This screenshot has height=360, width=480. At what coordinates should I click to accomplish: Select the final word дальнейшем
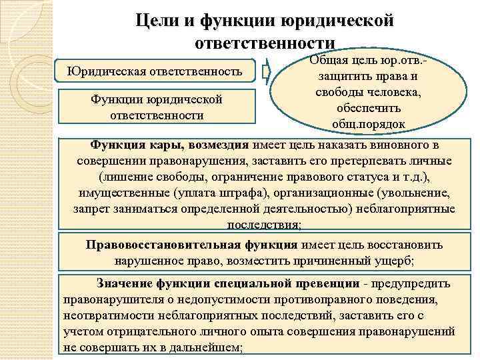(x=211, y=347)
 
